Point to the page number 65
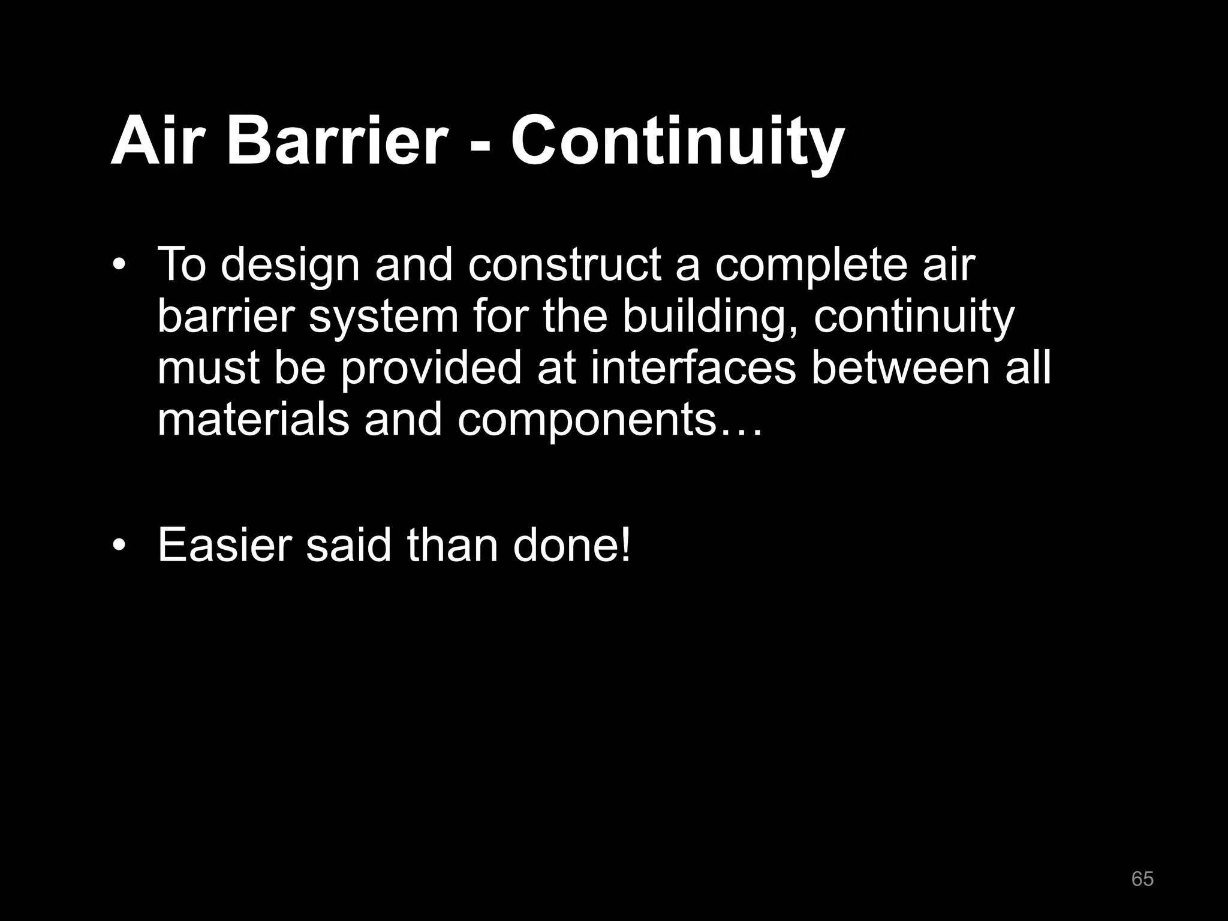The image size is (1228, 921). click(1142, 879)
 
